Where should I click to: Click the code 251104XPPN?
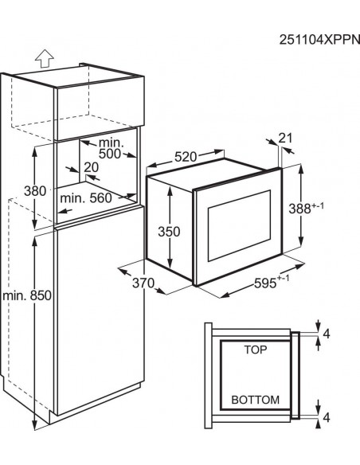(319, 40)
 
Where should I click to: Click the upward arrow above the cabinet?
(44, 58)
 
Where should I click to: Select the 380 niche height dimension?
(35, 191)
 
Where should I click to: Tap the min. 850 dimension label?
(27, 295)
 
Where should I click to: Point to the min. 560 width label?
(86, 197)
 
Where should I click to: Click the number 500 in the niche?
(110, 154)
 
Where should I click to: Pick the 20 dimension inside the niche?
(91, 167)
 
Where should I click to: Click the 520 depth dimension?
(186, 157)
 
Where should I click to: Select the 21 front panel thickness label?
(286, 138)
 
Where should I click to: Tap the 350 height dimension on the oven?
(169, 232)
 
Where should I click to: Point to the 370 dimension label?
(143, 283)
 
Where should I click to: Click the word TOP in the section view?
(256, 350)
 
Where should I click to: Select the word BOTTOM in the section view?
(256, 400)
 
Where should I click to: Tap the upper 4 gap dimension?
(327, 334)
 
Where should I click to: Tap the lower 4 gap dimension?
(327, 417)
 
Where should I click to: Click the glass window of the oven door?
(239, 225)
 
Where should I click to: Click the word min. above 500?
(111, 143)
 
